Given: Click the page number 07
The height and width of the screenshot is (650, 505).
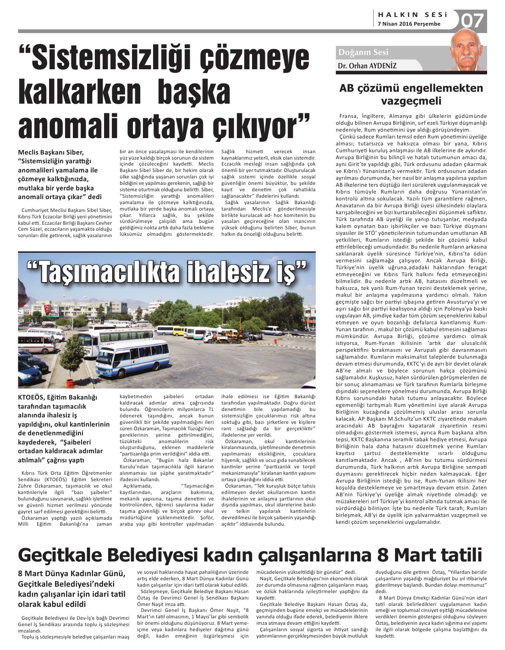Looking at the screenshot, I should tap(472, 20).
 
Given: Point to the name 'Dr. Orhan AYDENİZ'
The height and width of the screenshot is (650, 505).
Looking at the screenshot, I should tap(367, 66).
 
